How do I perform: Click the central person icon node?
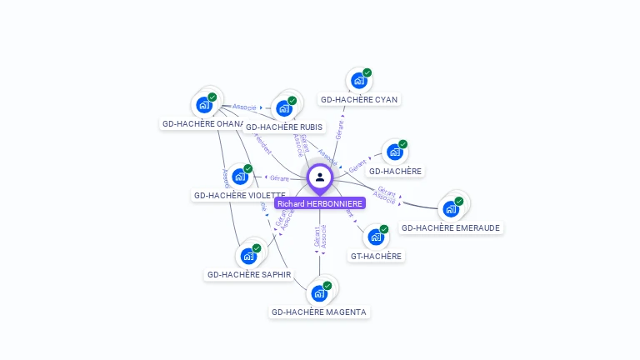click(x=319, y=177)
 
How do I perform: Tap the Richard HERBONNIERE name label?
click(x=320, y=203)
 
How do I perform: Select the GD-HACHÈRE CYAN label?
click(x=360, y=99)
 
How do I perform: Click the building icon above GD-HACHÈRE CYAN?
click(x=358, y=81)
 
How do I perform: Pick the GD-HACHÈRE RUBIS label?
click(x=284, y=127)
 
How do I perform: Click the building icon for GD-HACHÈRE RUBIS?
click(x=284, y=108)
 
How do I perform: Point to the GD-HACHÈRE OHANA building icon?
click(x=203, y=105)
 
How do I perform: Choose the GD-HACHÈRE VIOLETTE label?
click(x=239, y=195)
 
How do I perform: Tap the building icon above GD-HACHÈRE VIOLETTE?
click(x=240, y=177)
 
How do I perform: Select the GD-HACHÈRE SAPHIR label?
click(x=250, y=274)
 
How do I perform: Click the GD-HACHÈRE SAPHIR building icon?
click(x=248, y=256)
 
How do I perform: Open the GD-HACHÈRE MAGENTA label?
click(x=319, y=312)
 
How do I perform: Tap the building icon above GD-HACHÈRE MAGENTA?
click(x=318, y=293)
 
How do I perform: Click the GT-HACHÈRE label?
click(x=376, y=256)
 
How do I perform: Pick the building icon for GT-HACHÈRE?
click(x=376, y=237)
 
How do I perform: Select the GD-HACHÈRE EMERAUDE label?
click(x=452, y=227)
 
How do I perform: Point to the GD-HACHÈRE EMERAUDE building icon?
click(x=451, y=208)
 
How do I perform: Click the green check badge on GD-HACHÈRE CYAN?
click(x=367, y=72)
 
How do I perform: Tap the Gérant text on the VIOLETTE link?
click(x=280, y=177)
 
